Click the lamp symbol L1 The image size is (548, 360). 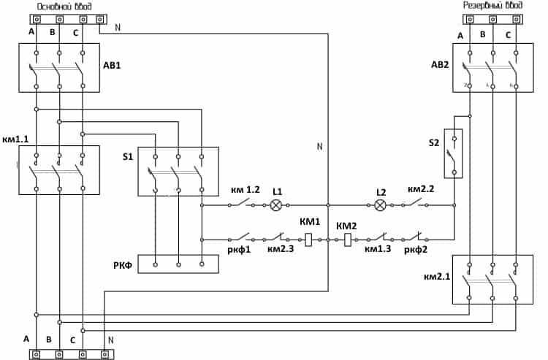tap(276, 205)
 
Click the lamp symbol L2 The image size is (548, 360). tap(380, 205)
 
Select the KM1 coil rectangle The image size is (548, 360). tap(308, 240)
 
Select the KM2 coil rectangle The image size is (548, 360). tap(348, 240)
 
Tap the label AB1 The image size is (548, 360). tap(113, 65)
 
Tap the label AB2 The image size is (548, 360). tap(440, 64)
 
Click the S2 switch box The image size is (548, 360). tap(453, 153)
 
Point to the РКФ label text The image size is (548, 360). tap(123, 266)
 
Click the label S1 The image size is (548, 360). tap(128, 156)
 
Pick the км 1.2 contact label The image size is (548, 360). tap(246, 190)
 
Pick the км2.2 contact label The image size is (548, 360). tap(421, 189)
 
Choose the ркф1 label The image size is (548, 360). tap(239, 250)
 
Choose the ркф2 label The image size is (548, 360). tap(416, 250)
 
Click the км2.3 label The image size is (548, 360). tap(281, 249)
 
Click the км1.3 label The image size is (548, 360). tap(378, 249)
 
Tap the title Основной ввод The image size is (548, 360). tap(64, 7)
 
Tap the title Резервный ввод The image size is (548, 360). tap(492, 5)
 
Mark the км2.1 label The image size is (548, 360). tap(437, 277)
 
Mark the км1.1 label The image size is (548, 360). tap(15, 139)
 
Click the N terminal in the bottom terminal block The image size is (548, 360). tap(104, 355)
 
